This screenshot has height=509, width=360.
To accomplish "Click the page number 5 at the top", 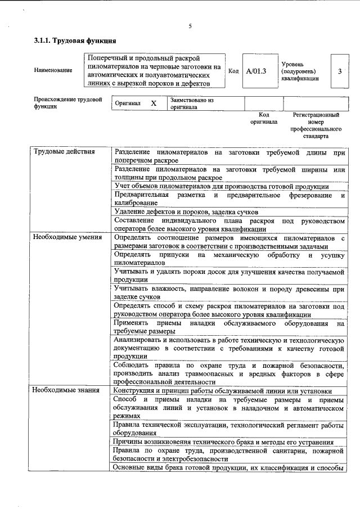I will pos(191,26).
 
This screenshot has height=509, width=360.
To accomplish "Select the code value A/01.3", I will pos(256,71).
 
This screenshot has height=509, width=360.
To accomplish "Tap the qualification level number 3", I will pos(340,71).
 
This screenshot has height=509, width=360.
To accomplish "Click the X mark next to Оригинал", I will pos(153,104).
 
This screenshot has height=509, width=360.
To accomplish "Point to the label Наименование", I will pos(53,71).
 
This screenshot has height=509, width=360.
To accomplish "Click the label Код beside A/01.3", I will pos(234,71).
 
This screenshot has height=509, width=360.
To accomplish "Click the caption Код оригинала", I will pos(263,118).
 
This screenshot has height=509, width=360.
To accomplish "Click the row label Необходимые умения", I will pos(67,237).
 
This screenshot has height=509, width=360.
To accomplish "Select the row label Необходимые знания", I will pos(65,390).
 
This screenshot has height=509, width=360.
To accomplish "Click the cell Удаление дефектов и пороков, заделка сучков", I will pos(186,212).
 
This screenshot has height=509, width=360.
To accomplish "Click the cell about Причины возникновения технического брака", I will pos(223,442).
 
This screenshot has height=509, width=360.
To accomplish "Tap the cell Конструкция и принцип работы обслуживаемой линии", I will pos(222,390).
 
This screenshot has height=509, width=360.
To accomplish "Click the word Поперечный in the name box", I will pos(108,58).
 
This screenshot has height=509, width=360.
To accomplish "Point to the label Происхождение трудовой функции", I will pos(67,103).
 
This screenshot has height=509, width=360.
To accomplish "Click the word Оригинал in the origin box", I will pos(127,104).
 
